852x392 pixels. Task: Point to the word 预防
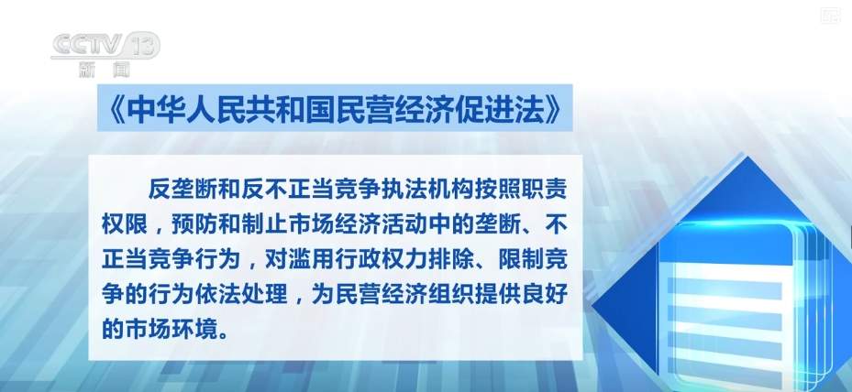[194, 223]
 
